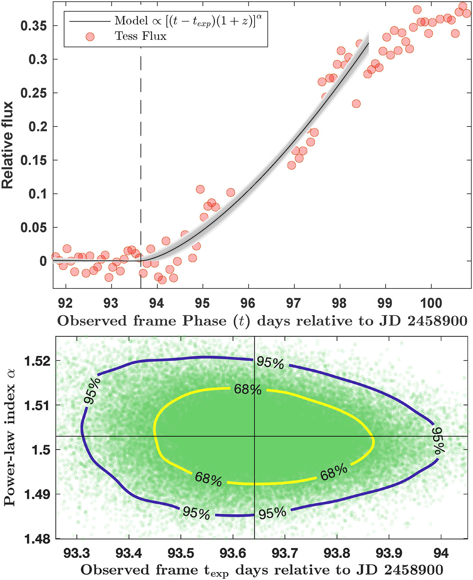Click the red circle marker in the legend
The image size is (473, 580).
pos(90,36)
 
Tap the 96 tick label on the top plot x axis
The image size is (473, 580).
pos(248,303)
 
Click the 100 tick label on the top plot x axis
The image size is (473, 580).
pos(431,303)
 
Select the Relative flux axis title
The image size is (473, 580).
pos(8,145)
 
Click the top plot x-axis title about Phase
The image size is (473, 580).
pos(262,321)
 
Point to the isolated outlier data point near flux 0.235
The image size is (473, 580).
pos(356,104)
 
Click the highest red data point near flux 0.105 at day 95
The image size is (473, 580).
pos(200,189)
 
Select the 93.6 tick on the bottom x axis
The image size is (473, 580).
pos(233,554)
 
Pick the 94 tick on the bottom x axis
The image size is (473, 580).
pos(441,554)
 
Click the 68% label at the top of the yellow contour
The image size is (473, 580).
pos(248,389)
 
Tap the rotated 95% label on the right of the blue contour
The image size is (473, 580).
pos(438,441)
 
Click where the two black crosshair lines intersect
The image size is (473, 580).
pos(255,436)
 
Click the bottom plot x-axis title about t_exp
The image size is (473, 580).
pos(262,571)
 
